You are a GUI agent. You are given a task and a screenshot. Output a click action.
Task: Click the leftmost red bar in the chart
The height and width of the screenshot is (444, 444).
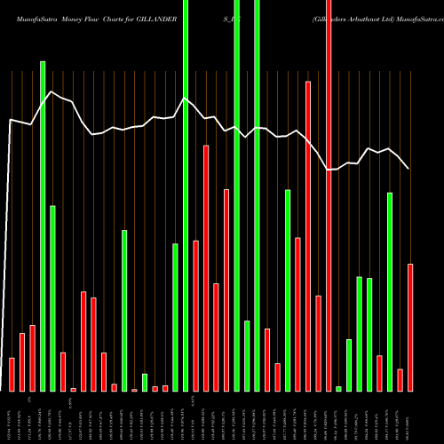pyautogui.click(x=12, y=374)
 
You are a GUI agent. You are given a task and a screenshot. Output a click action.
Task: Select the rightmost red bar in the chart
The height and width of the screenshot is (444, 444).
pyautogui.click(x=410, y=327)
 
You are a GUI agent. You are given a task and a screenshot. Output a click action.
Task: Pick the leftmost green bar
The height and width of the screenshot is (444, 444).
pyautogui.click(x=43, y=226)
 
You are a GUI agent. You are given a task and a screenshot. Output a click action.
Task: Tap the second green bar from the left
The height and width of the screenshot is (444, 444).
pyautogui.click(x=52, y=298)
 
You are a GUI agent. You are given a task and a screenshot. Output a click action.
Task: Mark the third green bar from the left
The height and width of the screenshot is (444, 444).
pyautogui.click(x=124, y=310)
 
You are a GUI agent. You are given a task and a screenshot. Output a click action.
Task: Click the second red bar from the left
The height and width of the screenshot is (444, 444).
pyautogui.click(x=22, y=361)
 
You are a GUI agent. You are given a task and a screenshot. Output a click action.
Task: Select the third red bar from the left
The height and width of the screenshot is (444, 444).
pyautogui.click(x=32, y=358)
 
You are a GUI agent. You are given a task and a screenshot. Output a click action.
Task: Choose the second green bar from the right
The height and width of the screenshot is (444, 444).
pyautogui.click(x=369, y=334)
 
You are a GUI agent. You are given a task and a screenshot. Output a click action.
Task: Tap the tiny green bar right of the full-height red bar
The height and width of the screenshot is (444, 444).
pyautogui.click(x=338, y=388)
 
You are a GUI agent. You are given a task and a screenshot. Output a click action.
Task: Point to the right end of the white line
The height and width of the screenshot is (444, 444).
pyautogui.click(x=408, y=169)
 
